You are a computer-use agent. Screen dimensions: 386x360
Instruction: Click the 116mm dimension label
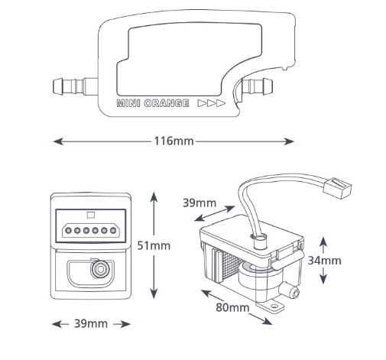174,141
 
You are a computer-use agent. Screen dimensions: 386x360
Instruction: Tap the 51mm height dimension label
154,245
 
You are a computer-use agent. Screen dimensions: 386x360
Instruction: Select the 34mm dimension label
324,261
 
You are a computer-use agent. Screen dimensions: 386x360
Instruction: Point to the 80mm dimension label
232,307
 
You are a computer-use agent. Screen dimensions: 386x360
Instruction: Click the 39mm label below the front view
91,324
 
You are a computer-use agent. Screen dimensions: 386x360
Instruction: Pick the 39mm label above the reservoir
199,203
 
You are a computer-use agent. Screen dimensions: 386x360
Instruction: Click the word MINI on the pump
128,103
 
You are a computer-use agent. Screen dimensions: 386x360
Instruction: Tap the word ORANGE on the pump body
167,103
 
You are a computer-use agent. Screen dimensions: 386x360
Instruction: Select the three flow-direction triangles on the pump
212,103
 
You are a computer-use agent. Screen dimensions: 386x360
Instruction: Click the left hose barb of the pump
75,86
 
